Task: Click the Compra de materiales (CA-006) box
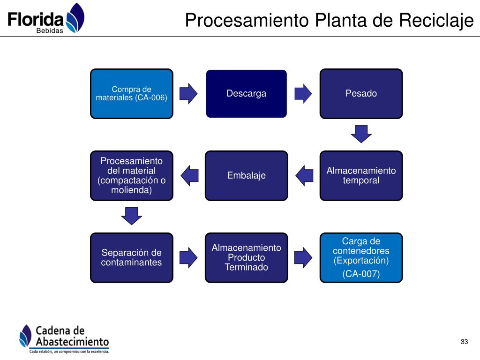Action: (132, 94)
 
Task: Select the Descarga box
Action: (247, 94)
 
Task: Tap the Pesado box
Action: (361, 94)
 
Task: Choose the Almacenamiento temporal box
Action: (361, 176)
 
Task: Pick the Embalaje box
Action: (247, 176)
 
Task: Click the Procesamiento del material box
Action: (132, 176)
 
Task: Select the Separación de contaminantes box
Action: (132, 258)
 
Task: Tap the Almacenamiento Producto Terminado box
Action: (247, 258)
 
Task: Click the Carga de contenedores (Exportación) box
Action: (361, 258)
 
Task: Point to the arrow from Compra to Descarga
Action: (188, 94)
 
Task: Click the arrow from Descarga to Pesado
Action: (303, 94)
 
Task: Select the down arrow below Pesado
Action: (361, 134)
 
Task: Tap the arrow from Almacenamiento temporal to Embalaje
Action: (304, 176)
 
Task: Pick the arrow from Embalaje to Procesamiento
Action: (189, 176)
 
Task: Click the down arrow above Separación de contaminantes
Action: (132, 216)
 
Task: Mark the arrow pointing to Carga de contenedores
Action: (303, 258)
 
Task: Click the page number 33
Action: (465, 342)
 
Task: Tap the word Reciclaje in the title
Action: (436, 21)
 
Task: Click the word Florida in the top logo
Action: (35, 19)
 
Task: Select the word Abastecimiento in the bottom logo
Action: (72, 342)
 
